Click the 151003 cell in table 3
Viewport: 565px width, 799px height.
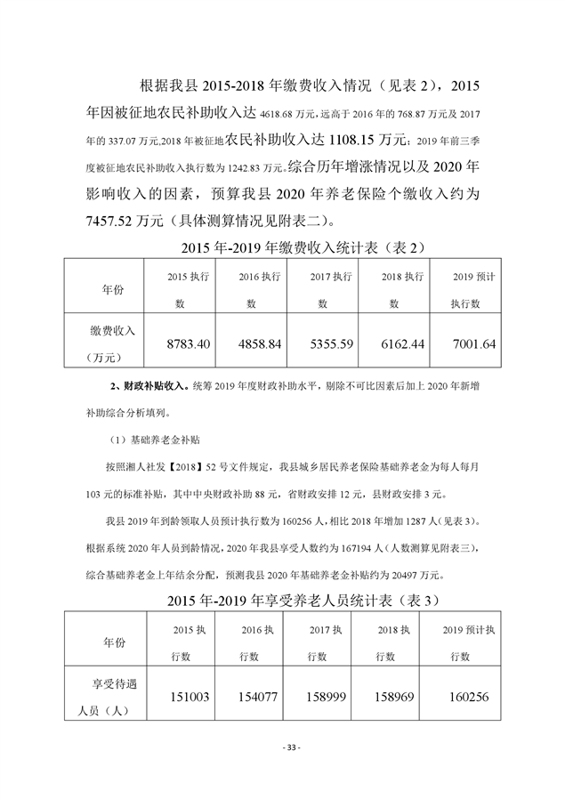[188, 697]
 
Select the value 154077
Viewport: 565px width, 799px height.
[259, 697]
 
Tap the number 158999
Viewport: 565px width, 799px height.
[327, 697]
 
